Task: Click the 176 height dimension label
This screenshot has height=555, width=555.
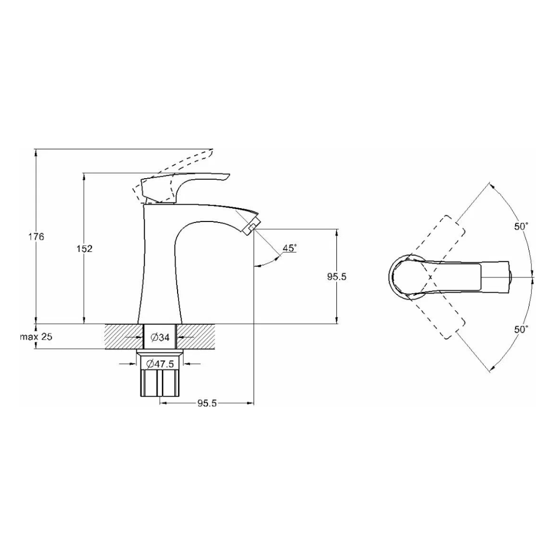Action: click(x=36, y=237)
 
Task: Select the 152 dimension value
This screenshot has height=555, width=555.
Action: click(x=84, y=249)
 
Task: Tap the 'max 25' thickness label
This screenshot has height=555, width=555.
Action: click(x=36, y=336)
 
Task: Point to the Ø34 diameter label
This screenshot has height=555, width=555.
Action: click(x=160, y=337)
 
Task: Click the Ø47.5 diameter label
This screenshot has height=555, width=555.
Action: click(x=160, y=364)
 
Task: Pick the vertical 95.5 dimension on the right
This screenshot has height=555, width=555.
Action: click(x=337, y=277)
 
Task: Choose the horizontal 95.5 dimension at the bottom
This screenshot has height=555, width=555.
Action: click(x=207, y=403)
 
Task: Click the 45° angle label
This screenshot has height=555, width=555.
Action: click(x=289, y=248)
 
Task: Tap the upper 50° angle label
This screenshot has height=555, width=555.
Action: click(x=521, y=226)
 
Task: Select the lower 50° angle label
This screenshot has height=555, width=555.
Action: click(x=521, y=330)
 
